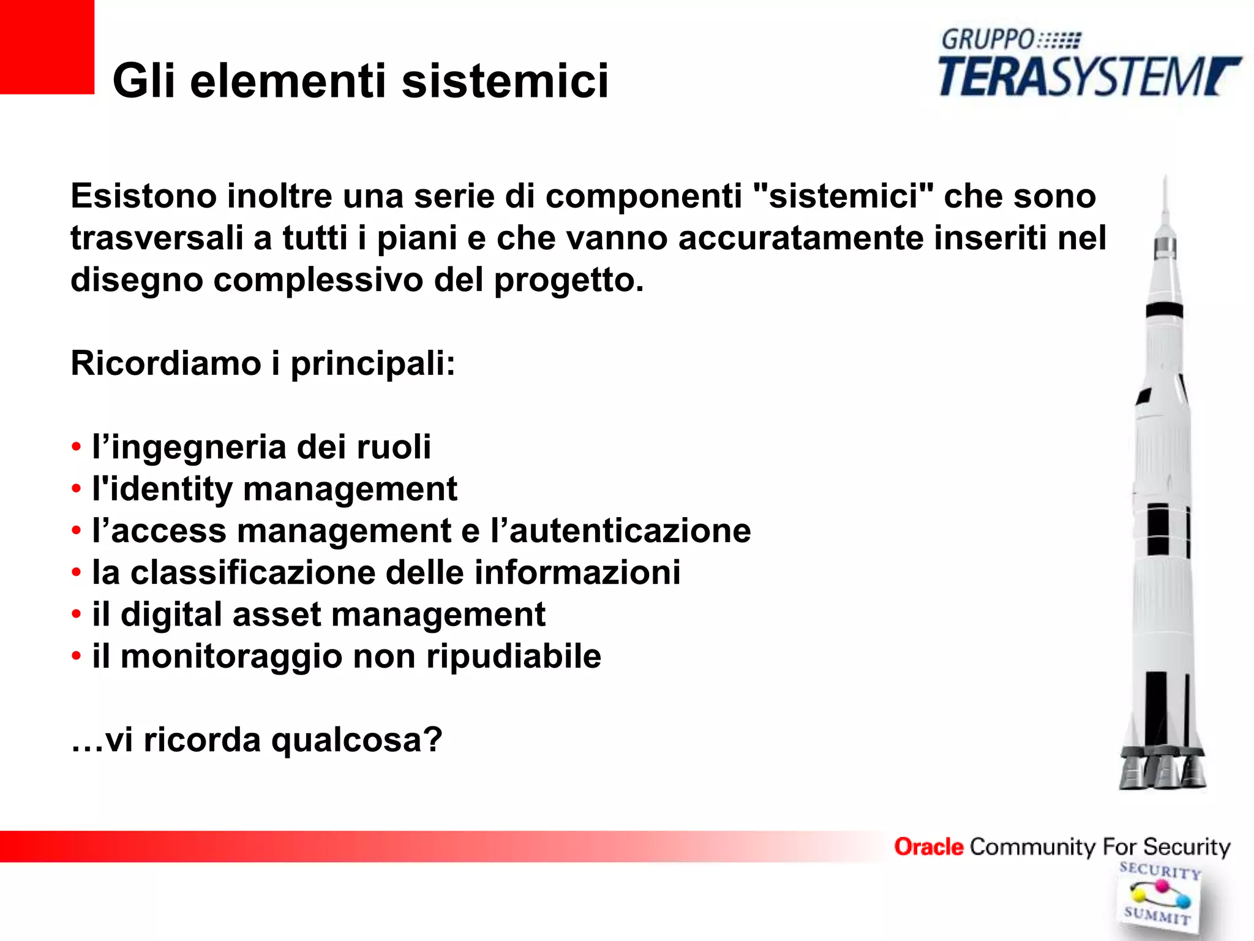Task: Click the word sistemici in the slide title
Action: coord(505,81)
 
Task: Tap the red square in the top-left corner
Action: coord(47,47)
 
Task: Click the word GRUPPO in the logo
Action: coord(987,40)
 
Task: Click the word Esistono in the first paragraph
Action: coord(144,197)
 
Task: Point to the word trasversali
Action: coord(157,238)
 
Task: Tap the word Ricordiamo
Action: coord(166,363)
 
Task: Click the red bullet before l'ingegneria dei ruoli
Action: coord(76,447)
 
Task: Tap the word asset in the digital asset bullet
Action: coord(277,614)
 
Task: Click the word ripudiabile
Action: coord(514,656)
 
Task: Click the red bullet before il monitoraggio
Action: coord(76,657)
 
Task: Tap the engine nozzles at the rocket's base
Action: coord(1162,769)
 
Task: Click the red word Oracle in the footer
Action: coord(928,847)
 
